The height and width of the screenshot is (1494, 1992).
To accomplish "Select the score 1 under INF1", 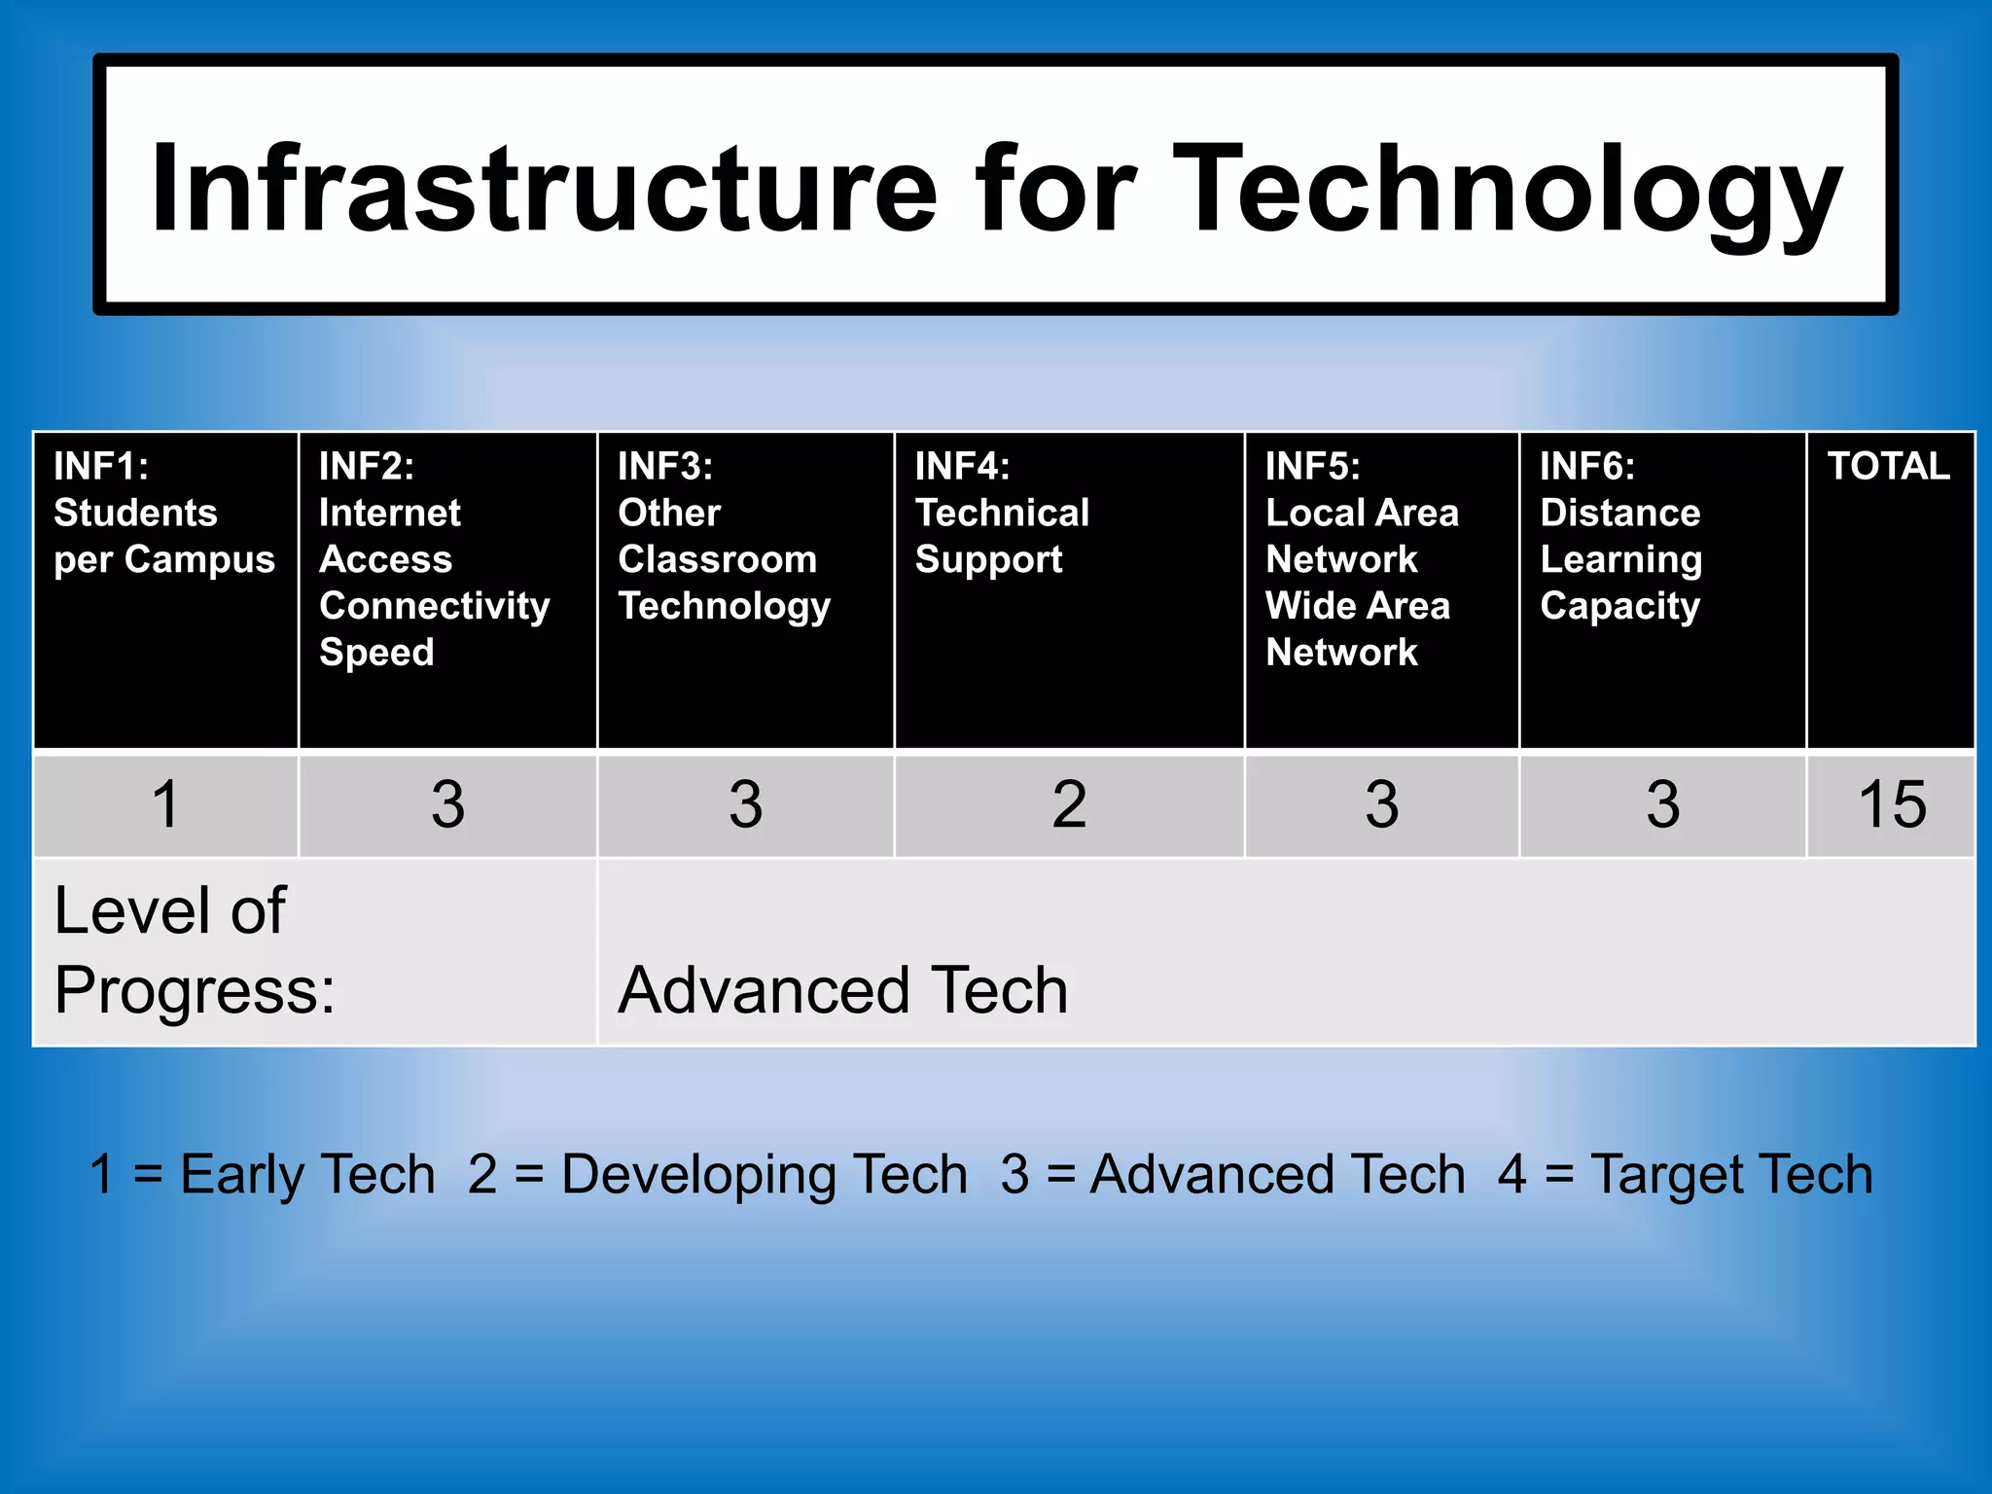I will point(166,805).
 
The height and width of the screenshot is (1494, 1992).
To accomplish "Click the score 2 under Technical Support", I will point(1069,805).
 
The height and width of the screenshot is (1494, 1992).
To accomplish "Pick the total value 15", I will point(1891,805).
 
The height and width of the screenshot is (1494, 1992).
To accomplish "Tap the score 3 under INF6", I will point(1662,805).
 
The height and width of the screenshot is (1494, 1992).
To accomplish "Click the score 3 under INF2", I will point(447,805).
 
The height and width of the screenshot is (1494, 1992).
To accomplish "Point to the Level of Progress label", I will point(195,950).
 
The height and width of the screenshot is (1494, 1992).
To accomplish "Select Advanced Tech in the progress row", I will point(843,990).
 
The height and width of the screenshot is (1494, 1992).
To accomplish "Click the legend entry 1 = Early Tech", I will point(262,1174).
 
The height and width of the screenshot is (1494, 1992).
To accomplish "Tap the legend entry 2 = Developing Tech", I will point(718,1174).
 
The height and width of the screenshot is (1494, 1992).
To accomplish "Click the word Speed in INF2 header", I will point(376,653).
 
